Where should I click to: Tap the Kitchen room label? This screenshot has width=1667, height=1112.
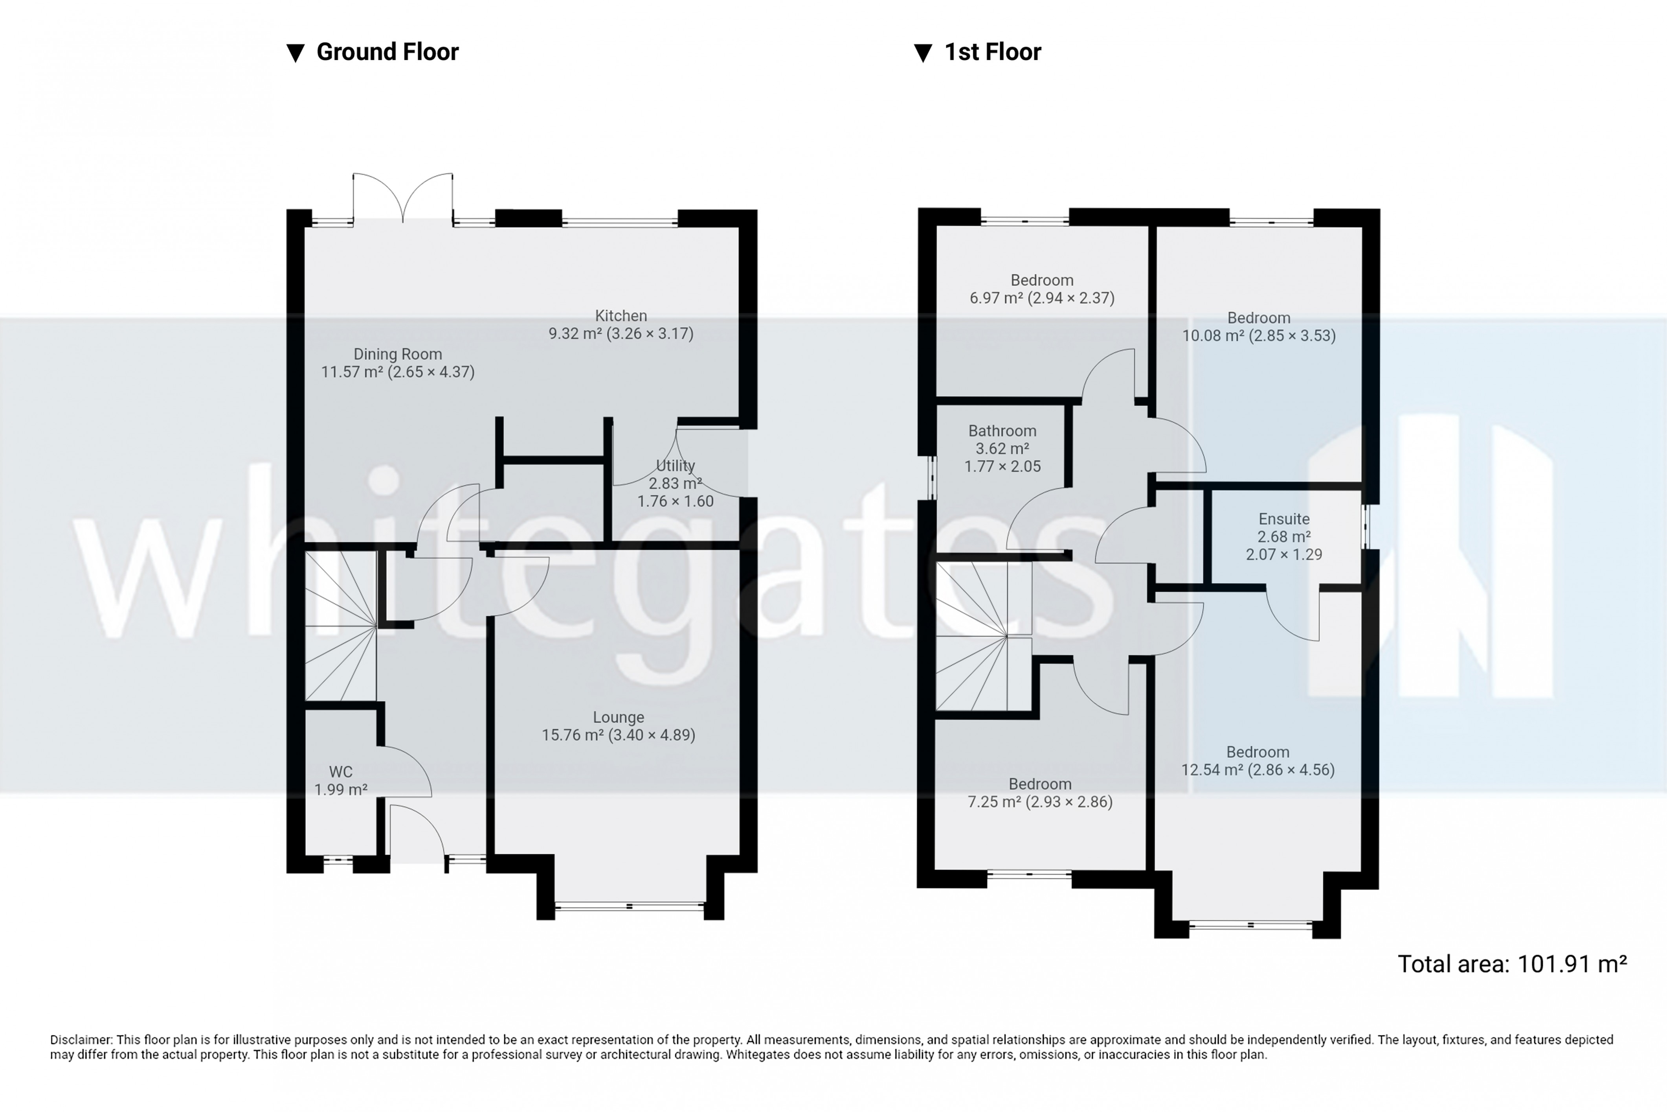(x=621, y=316)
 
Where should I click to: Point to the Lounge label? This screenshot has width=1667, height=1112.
(x=618, y=718)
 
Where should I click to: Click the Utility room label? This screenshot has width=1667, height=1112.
(x=675, y=466)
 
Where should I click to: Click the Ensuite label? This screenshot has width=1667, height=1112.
(x=1283, y=519)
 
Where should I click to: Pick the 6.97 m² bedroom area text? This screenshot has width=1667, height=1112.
(x=1042, y=298)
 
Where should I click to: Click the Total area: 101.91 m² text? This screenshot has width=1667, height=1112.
(x=1512, y=965)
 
